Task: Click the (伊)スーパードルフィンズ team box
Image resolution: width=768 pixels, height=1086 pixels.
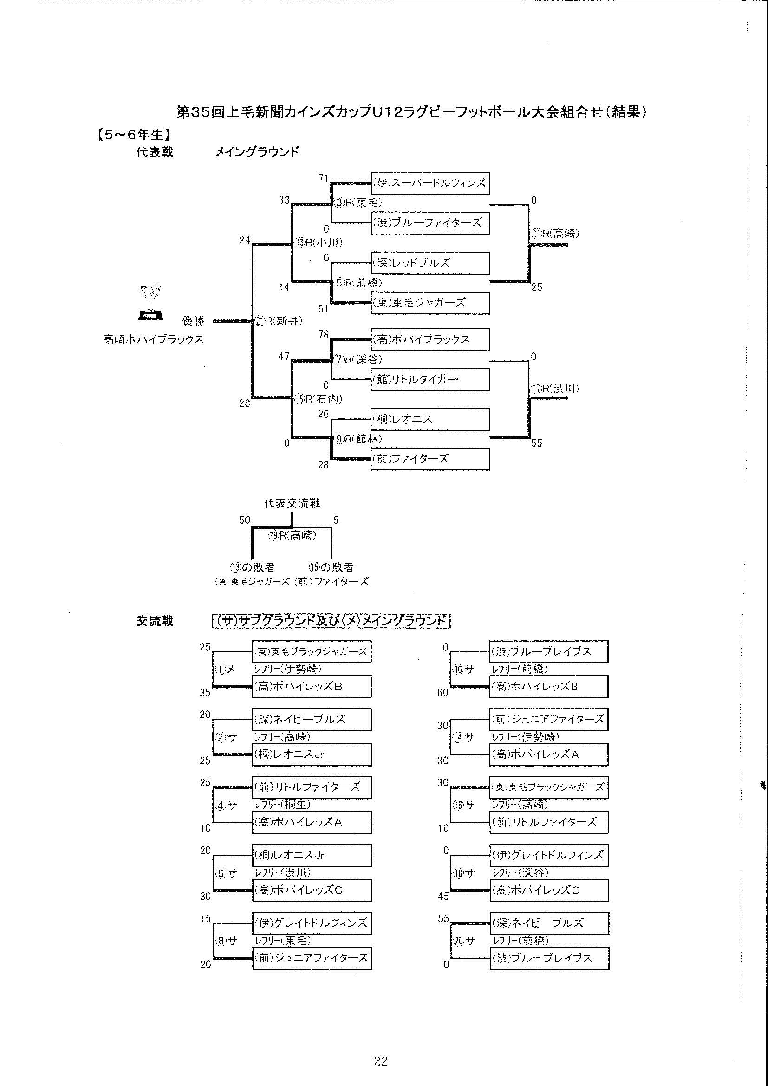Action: tap(430, 182)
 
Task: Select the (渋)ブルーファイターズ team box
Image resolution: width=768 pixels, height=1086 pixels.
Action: tap(430, 223)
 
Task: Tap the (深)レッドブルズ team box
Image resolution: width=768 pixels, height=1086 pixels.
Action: tap(430, 263)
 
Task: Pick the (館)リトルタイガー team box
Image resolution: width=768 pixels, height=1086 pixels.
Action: tap(430, 379)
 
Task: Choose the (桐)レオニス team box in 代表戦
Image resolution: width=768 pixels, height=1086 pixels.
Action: tap(430, 419)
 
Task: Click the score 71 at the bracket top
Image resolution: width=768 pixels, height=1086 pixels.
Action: tap(324, 178)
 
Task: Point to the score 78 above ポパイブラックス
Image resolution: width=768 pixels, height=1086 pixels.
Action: tap(324, 334)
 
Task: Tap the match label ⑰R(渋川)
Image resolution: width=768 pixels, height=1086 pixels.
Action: tap(555, 389)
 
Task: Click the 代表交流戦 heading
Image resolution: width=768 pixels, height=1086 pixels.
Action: tap(292, 503)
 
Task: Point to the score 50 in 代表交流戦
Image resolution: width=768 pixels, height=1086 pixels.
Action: tap(244, 520)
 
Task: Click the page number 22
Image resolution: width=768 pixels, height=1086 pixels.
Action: tap(381, 1061)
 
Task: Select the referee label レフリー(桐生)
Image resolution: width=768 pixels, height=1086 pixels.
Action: tap(282, 804)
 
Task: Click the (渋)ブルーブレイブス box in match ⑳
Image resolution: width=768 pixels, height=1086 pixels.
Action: tap(549, 958)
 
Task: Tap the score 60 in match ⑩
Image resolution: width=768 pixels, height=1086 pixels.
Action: tap(443, 693)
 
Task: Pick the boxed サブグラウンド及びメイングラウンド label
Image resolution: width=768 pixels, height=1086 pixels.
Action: tap(331, 621)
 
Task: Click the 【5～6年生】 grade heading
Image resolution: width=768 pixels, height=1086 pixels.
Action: tap(134, 135)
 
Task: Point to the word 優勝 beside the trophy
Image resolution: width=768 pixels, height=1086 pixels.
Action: tap(194, 321)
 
